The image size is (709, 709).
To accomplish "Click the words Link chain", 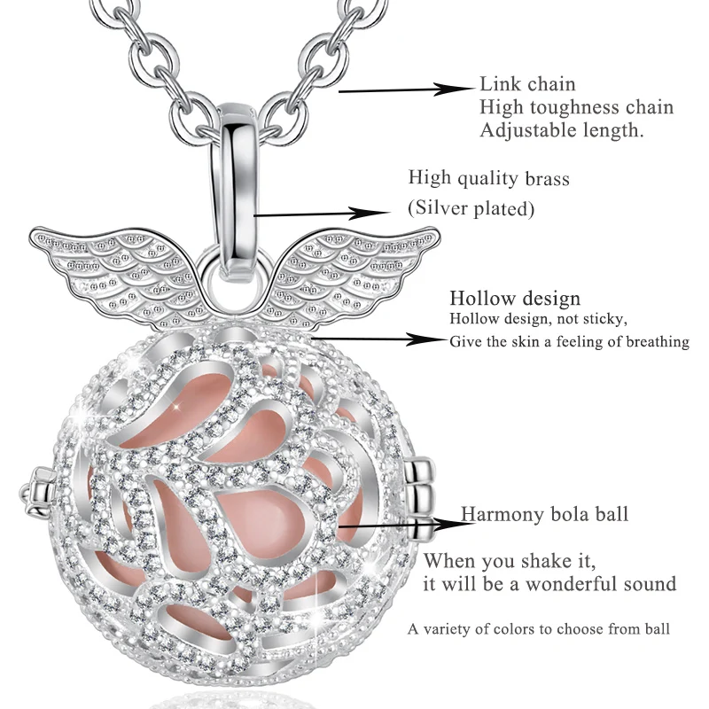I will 527,85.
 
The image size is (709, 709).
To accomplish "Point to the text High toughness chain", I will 576,107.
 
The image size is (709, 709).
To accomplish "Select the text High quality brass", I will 488,178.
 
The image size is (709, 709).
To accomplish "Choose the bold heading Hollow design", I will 515,298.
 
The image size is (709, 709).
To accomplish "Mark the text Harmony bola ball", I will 544,514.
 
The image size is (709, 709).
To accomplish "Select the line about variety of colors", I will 539,628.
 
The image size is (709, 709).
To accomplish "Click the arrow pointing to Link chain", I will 408,89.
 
